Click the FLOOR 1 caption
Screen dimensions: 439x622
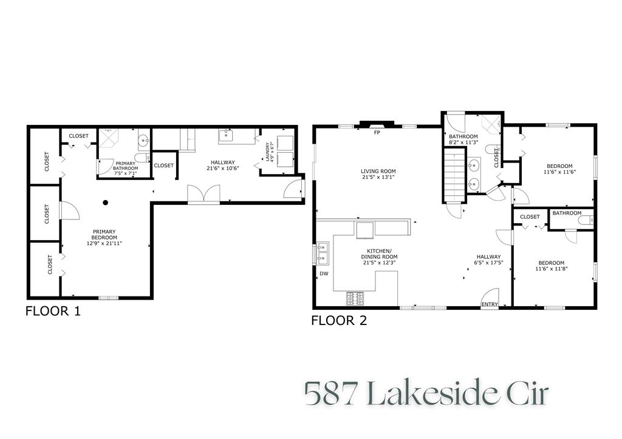pyautogui.click(x=53, y=312)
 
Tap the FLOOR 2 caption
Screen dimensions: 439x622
pyautogui.click(x=339, y=321)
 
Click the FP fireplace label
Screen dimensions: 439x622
pyautogui.click(x=377, y=132)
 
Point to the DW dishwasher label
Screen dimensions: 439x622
pyautogui.click(x=323, y=274)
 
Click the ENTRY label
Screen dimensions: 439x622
pyautogui.click(x=489, y=304)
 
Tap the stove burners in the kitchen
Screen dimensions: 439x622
pyautogui.click(x=355, y=298)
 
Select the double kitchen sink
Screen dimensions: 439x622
pyautogui.click(x=323, y=253)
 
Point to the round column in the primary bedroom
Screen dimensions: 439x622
pyautogui.click(x=105, y=203)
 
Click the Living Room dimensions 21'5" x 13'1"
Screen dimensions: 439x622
pyautogui.click(x=378, y=178)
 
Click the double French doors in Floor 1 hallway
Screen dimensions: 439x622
pyautogui.click(x=203, y=195)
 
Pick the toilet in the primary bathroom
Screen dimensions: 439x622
pyautogui.click(x=141, y=159)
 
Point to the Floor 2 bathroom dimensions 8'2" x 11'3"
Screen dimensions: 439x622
pyautogui.click(x=463, y=142)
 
